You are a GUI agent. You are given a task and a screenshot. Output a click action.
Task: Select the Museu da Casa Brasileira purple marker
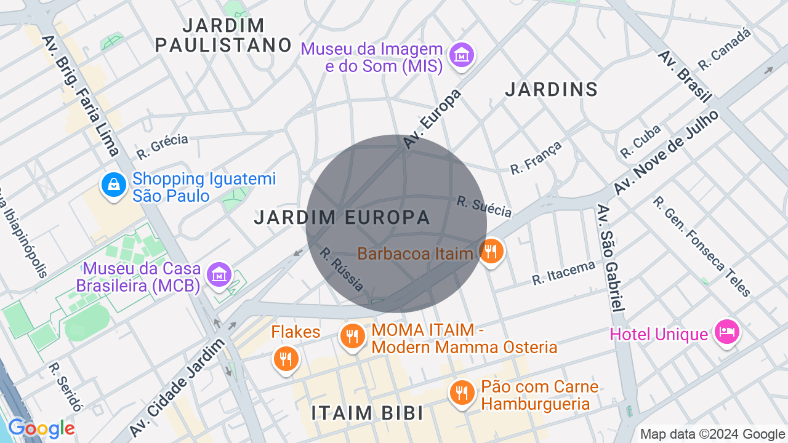pyautogui.click(x=219, y=275)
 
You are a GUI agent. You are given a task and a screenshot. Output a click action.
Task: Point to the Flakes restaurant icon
pyautogui.click(x=286, y=359)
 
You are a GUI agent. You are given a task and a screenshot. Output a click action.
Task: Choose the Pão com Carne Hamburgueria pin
pyautogui.click(x=461, y=393)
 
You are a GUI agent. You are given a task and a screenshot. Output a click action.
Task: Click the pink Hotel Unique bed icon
pyautogui.click(x=726, y=332)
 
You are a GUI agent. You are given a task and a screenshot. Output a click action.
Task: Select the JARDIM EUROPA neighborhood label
pyautogui.click(x=342, y=217)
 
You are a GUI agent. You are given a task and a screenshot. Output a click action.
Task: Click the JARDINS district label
pyautogui.click(x=551, y=89)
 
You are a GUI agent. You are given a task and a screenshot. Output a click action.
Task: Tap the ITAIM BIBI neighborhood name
pyautogui.click(x=368, y=413)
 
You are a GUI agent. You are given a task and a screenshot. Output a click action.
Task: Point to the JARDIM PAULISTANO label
pyautogui.click(x=223, y=35)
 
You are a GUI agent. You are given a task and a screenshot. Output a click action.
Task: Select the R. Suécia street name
pyautogui.click(x=484, y=206)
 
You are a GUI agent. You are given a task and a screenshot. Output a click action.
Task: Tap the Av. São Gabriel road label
pyautogui.click(x=611, y=258)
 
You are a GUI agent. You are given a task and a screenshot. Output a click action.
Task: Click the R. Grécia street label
pyautogui.click(x=163, y=146)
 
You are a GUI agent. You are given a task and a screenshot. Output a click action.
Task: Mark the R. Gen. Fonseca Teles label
pyautogui.click(x=702, y=246)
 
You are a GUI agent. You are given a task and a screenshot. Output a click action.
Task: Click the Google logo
pyautogui.click(x=41, y=428)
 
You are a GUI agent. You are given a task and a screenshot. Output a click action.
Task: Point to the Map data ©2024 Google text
pyautogui.click(x=712, y=434)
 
